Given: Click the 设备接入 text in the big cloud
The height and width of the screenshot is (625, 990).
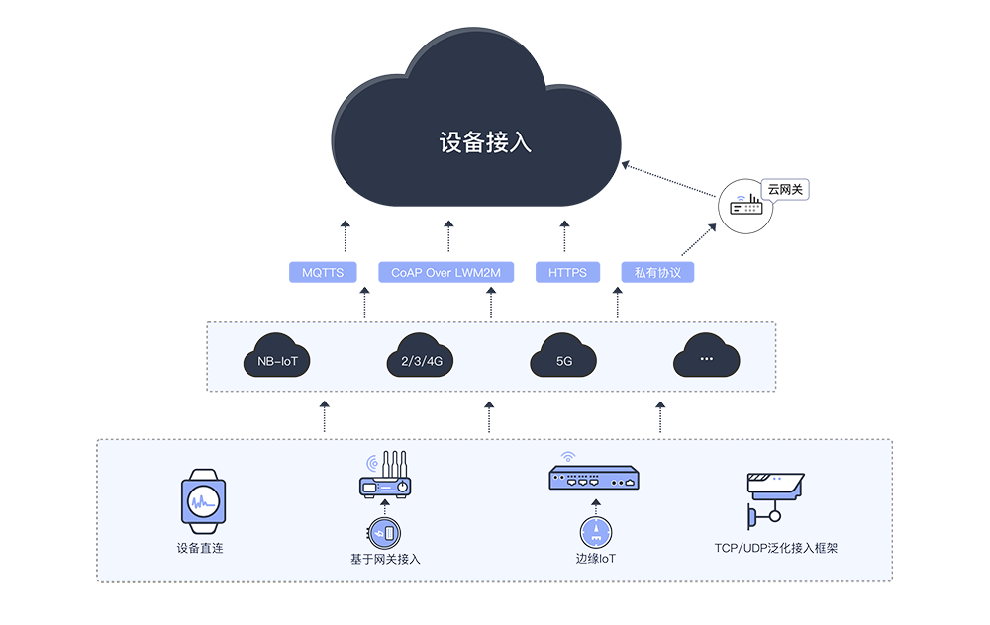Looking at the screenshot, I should click(x=485, y=142).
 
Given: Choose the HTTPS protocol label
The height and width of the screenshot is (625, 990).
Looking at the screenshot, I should click(x=567, y=272).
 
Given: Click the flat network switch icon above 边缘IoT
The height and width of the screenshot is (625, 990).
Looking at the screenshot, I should click(x=596, y=480).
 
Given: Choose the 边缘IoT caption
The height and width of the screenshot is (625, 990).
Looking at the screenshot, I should click(x=596, y=559).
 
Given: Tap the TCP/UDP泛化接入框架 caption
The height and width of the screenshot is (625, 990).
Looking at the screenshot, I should click(x=775, y=547).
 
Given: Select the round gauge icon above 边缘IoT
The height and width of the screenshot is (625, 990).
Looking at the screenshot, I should click(x=596, y=531).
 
